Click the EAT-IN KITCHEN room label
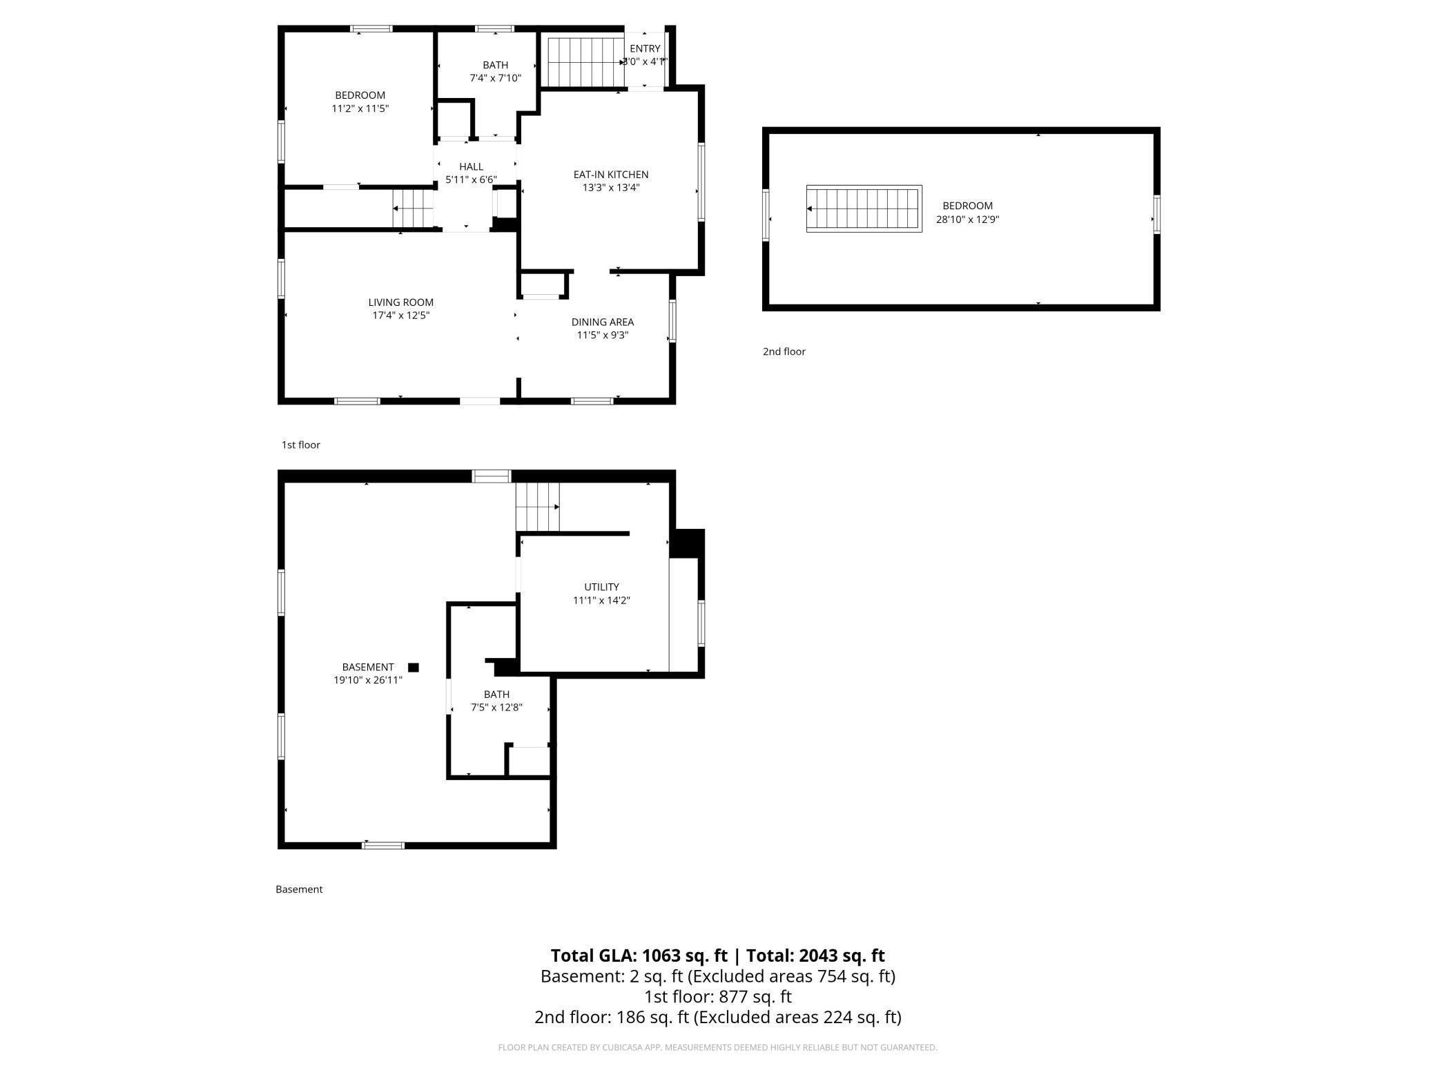click(611, 175)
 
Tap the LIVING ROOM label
click(400, 302)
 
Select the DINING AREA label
click(603, 322)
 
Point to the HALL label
click(472, 167)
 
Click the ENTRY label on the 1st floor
click(645, 48)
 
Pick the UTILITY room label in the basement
click(601, 588)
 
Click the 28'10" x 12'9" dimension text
click(967, 220)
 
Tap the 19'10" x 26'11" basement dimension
click(368, 680)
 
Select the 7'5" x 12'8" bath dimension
click(496, 708)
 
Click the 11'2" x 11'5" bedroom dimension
click(360, 108)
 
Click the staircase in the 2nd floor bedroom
click(864, 208)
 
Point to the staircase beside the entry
click(586, 62)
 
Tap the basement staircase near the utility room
click(538, 507)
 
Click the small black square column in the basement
click(414, 668)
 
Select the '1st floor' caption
click(301, 445)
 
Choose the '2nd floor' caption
click(784, 351)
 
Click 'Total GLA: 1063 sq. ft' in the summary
click(639, 955)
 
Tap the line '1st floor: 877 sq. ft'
click(718, 997)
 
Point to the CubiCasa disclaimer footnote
click(718, 1047)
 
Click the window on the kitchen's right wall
click(701, 182)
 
